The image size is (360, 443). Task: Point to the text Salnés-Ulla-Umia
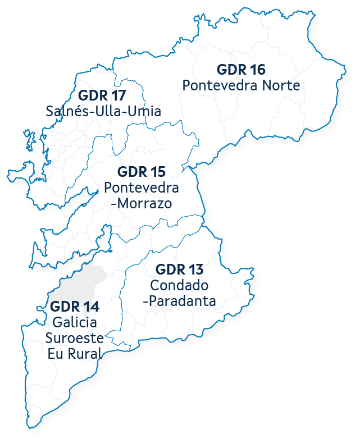[103, 111]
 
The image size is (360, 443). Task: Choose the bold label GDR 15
[141, 171]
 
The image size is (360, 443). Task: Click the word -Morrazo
[141, 203]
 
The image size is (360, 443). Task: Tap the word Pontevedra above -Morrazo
[142, 187]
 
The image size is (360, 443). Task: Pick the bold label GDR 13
[179, 269]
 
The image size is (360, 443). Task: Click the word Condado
[179, 285]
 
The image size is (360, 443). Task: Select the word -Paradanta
[180, 301]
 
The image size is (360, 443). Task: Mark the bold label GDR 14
[75, 307]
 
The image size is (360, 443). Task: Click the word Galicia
[74, 323]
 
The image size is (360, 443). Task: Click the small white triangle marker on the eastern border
[307, 132]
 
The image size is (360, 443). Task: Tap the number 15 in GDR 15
[158, 171]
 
